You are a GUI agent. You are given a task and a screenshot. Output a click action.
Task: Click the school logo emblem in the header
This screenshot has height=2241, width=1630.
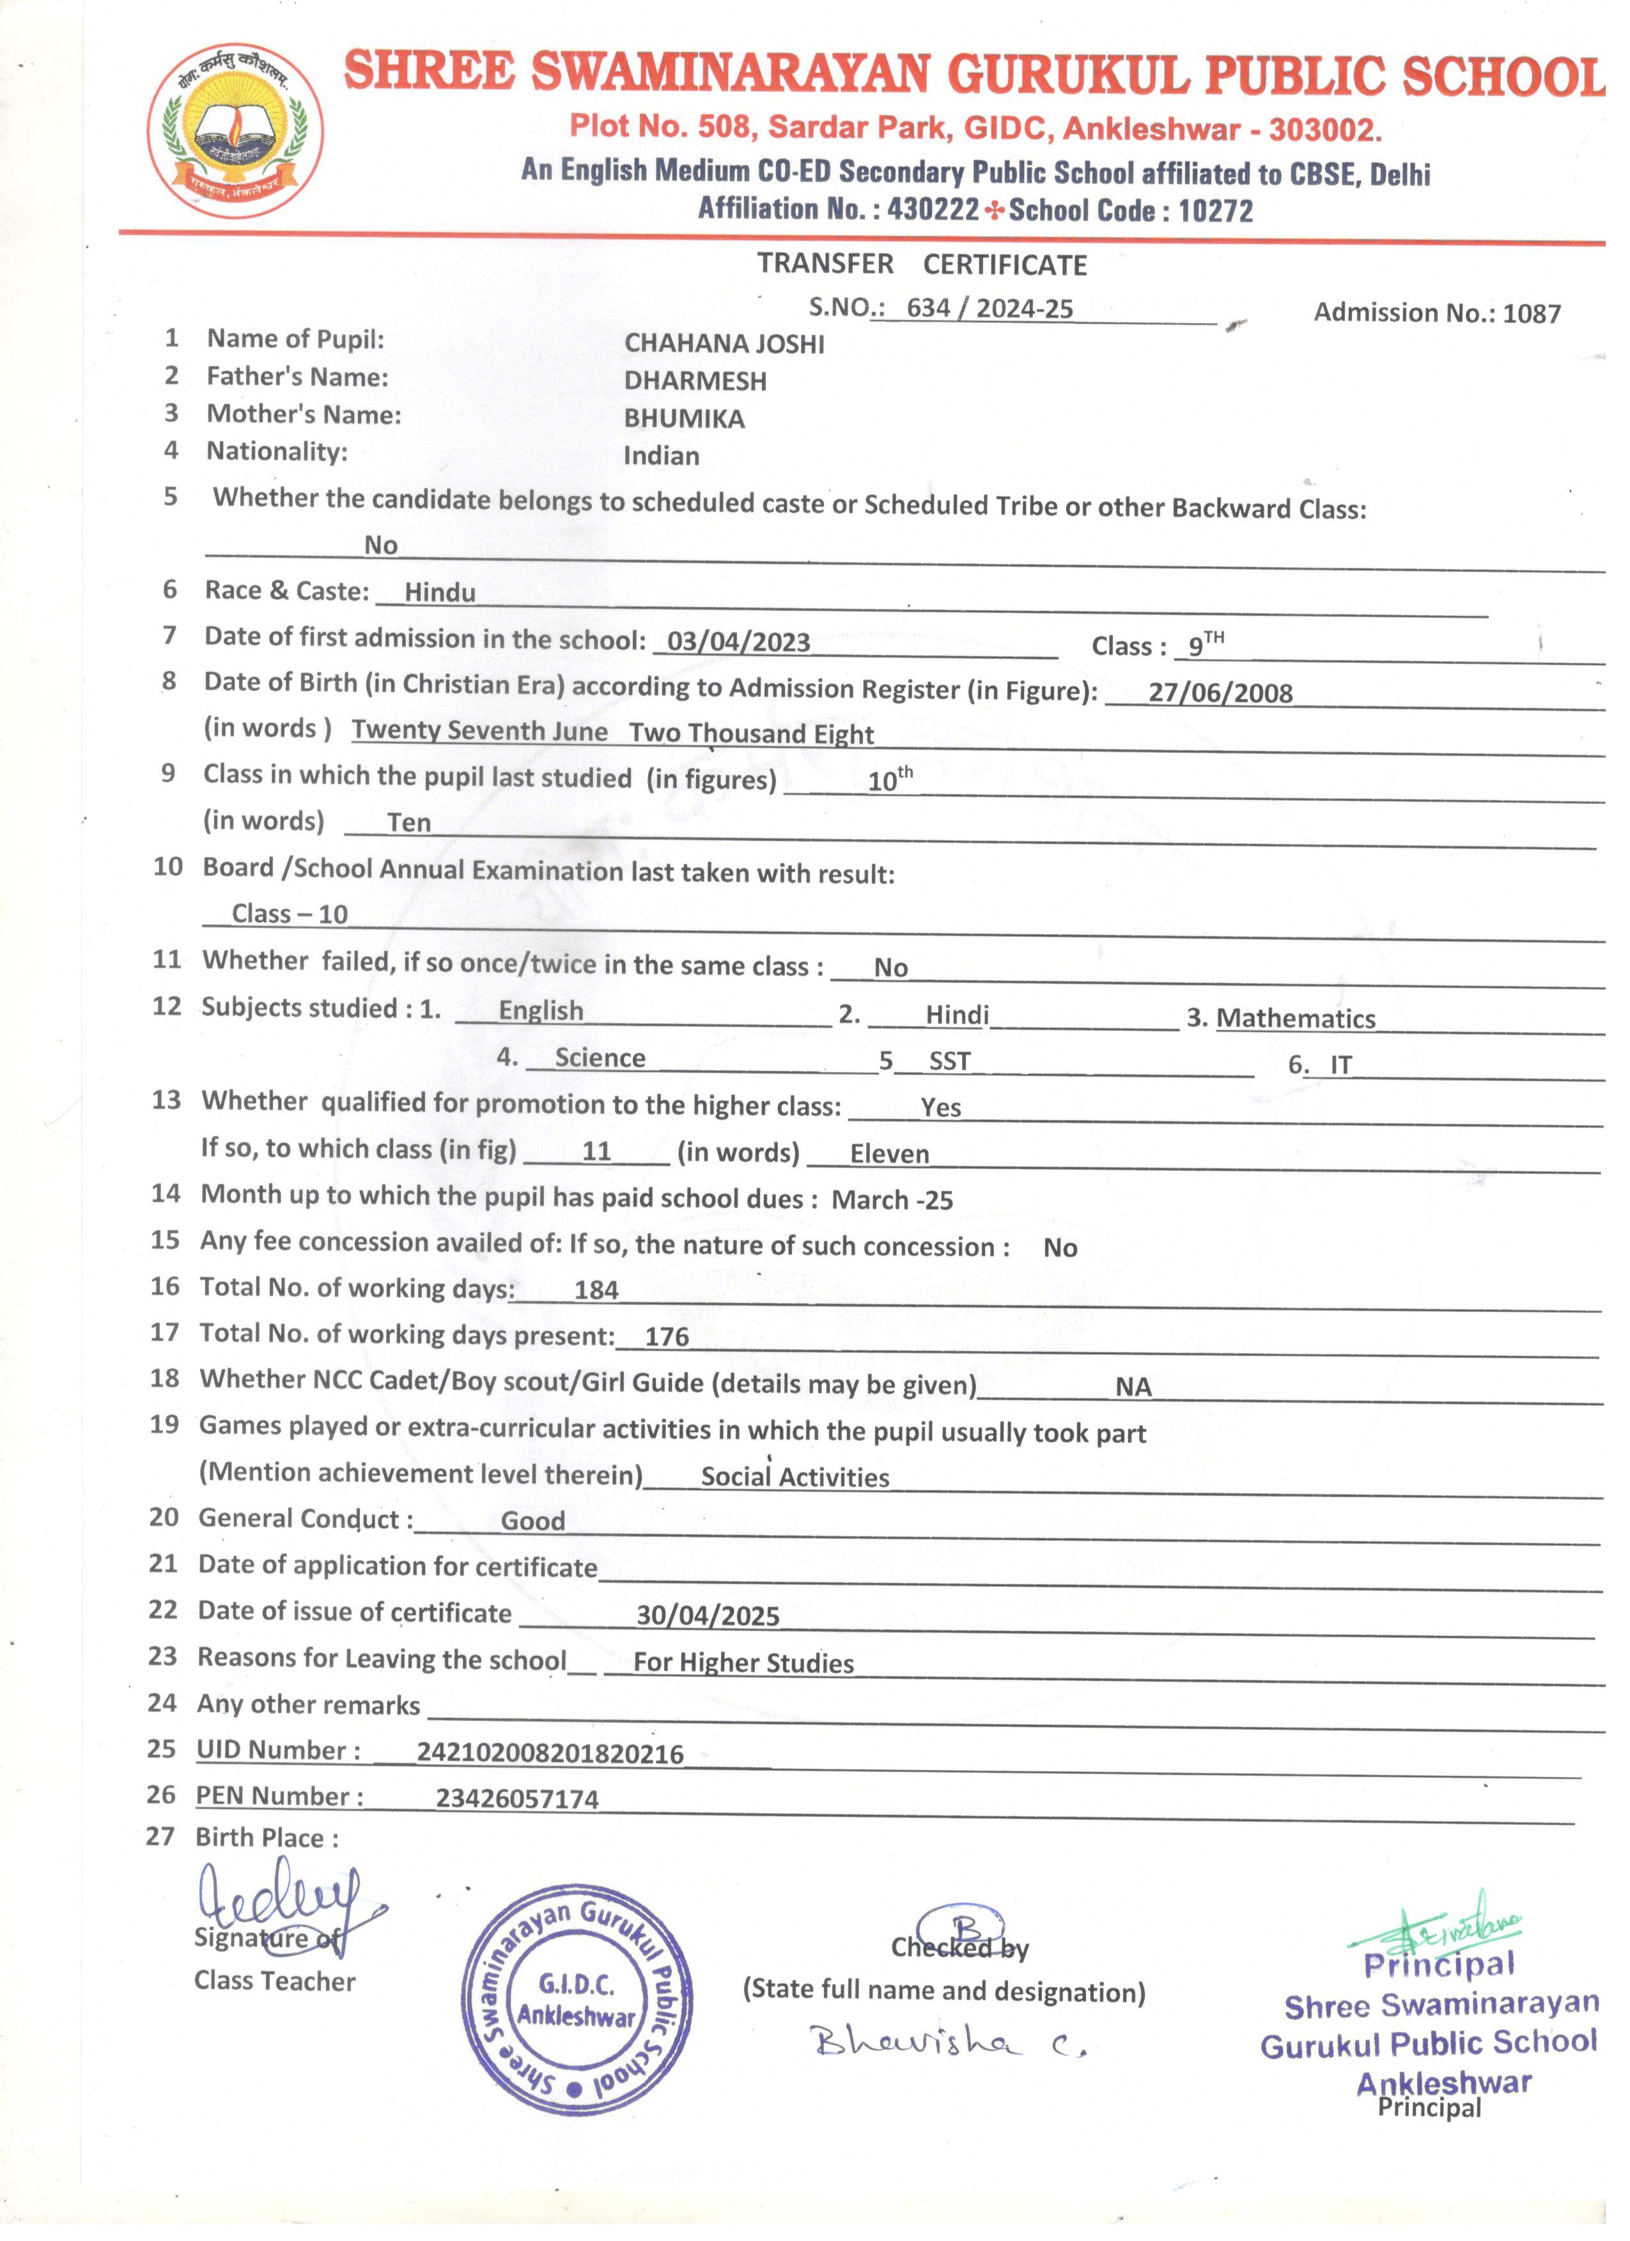click(x=235, y=130)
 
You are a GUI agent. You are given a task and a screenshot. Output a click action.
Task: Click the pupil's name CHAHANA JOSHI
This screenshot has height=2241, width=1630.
click(x=724, y=344)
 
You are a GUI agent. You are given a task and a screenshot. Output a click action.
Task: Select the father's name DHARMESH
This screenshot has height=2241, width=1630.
click(x=695, y=381)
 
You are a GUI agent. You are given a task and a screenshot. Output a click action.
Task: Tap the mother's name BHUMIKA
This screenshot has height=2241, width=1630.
click(x=684, y=419)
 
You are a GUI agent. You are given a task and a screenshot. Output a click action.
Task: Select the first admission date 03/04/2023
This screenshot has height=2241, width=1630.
click(x=738, y=642)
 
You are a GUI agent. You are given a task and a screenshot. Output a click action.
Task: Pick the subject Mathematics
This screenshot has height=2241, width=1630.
click(x=1295, y=1019)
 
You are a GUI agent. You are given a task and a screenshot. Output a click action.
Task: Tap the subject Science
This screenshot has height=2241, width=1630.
click(x=600, y=1058)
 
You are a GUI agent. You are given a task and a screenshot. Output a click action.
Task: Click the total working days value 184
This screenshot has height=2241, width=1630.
click(x=596, y=1290)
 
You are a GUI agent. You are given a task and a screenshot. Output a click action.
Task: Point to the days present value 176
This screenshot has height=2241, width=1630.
click(x=666, y=1337)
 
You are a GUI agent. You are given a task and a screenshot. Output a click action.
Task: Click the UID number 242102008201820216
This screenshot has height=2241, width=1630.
click(x=550, y=1754)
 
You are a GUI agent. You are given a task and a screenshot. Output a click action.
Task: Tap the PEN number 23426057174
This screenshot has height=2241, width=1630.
click(x=517, y=1799)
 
